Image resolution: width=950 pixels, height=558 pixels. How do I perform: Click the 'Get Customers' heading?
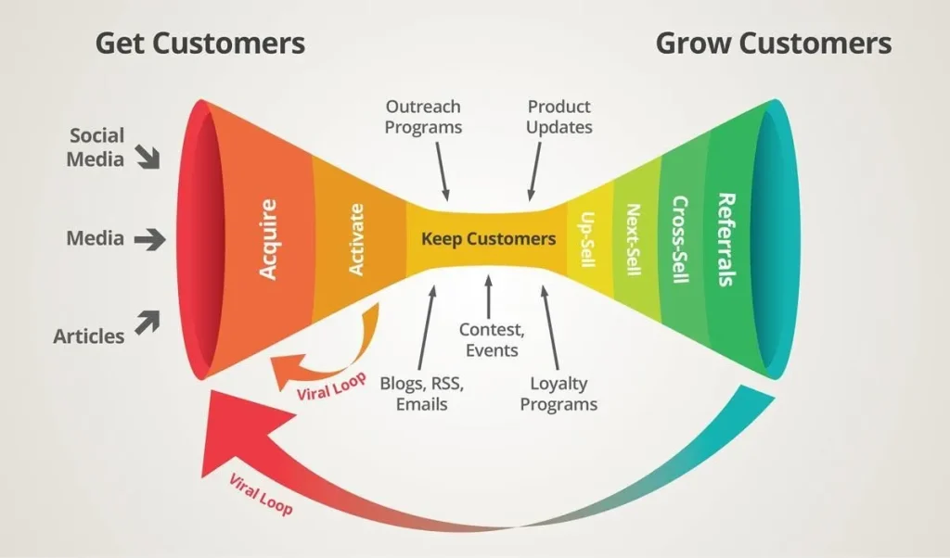point(200,43)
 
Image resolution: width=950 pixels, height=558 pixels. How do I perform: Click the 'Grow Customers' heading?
point(774,43)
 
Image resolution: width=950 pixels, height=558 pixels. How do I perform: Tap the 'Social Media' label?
point(96,147)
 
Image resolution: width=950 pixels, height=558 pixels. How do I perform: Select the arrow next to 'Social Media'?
point(148,157)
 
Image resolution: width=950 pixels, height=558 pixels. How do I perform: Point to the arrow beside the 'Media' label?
point(148,239)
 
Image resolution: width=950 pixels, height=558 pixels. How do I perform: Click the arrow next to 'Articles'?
point(148,322)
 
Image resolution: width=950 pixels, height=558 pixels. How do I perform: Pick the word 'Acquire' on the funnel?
point(268,239)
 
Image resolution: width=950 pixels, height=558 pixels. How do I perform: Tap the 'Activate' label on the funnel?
point(356,239)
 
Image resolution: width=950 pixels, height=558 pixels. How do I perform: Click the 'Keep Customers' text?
point(488,239)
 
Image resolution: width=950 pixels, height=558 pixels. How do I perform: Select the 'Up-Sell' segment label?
point(587,239)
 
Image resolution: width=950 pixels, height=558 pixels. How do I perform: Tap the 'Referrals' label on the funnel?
point(726,239)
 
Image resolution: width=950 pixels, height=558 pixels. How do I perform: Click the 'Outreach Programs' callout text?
point(423,118)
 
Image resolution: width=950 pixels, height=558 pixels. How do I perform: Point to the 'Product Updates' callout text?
point(558,118)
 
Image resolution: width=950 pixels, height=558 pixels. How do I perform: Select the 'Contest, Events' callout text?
point(489,339)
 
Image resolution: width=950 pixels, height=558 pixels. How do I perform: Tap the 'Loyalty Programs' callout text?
point(558,393)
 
